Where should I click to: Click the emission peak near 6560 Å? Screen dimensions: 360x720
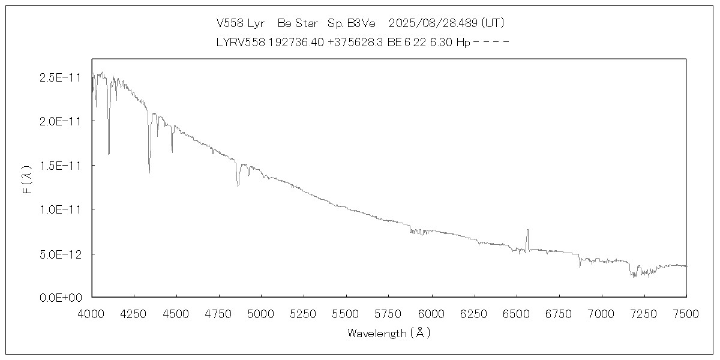click(x=527, y=230)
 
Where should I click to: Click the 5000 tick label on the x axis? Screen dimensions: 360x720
click(x=262, y=313)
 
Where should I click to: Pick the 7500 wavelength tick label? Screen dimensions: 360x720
click(x=686, y=313)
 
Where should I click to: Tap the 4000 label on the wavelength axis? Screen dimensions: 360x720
click(x=92, y=313)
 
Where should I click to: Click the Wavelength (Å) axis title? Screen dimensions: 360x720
click(x=389, y=333)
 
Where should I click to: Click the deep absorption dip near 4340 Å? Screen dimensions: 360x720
click(x=149, y=172)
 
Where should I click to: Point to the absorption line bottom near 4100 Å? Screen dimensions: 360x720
click(x=109, y=154)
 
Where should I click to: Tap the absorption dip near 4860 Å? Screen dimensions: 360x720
click(x=238, y=187)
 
